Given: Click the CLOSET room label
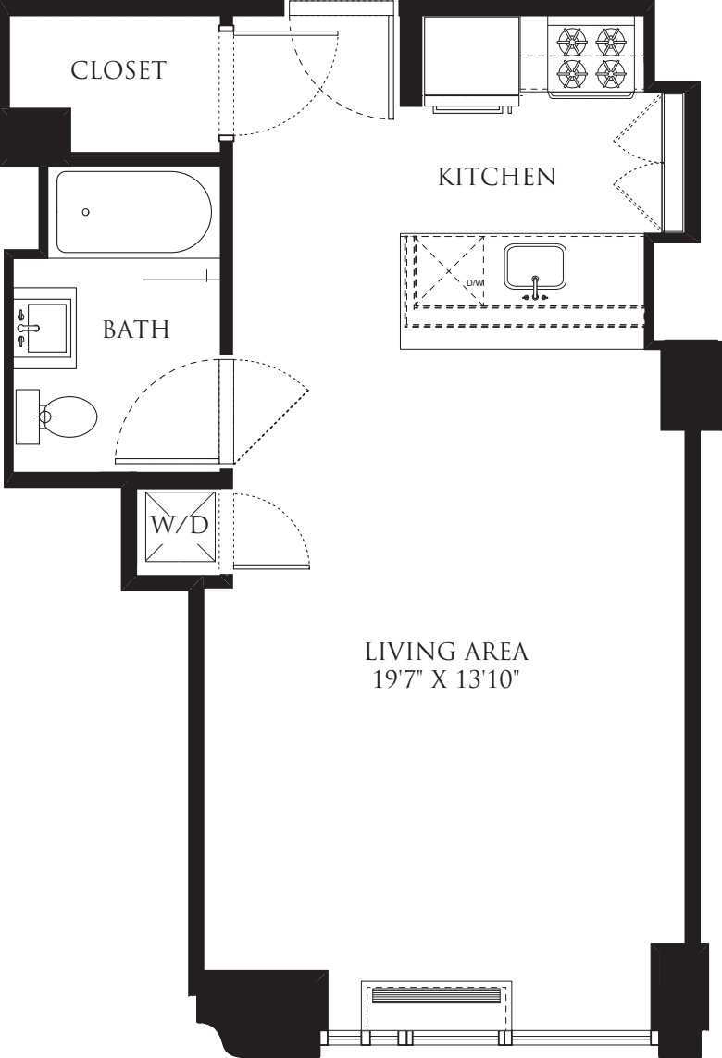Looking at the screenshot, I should click(118, 70).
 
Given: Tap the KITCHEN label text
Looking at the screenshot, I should click(496, 176).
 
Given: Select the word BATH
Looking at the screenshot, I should click(136, 329).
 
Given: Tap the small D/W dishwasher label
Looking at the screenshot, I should click(474, 282).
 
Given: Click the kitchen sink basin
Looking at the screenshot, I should click(534, 265).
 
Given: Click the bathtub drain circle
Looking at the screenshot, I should click(86, 212).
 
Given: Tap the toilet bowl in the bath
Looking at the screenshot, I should click(70, 417).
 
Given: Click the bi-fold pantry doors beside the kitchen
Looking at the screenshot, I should click(639, 163).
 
